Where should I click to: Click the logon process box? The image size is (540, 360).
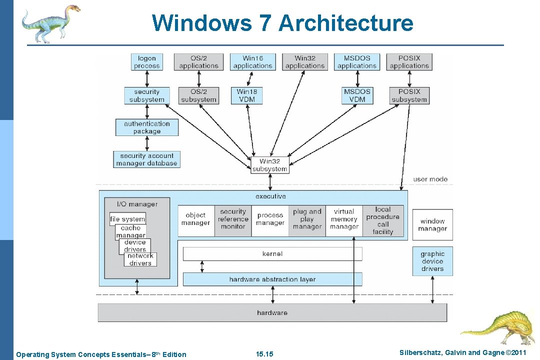[147, 62]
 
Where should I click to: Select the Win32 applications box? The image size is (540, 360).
[305, 62]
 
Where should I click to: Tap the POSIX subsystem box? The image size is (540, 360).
[409, 95]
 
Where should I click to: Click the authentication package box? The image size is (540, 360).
[147, 127]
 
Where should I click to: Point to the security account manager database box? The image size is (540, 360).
[146, 159]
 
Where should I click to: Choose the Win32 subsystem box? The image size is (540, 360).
[270, 165]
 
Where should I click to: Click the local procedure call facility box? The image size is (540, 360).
[383, 220]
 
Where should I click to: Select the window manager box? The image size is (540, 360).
[432, 224]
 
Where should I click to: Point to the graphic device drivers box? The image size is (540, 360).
[432, 261]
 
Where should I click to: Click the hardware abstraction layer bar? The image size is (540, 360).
[272, 279]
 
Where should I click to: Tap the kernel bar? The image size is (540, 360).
[272, 254]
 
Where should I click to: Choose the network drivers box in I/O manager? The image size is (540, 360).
[140, 259]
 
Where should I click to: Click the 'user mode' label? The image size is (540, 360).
[430, 179]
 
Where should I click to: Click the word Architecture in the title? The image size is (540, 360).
[346, 23]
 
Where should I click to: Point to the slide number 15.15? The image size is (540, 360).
[264, 354]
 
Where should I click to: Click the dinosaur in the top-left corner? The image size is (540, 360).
[50, 22]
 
